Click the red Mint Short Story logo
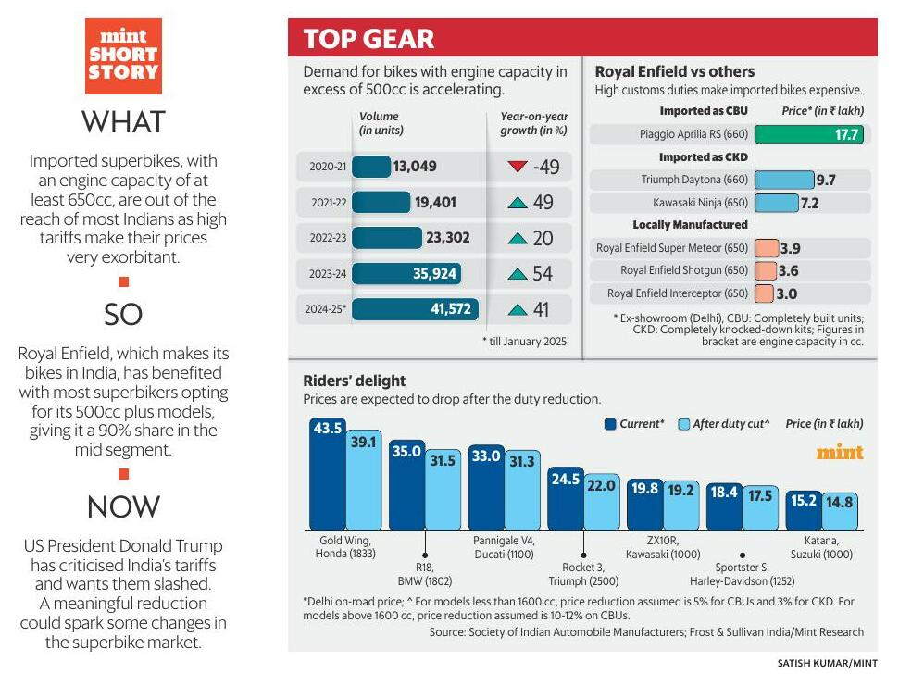click(123, 55)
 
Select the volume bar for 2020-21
click(371, 167)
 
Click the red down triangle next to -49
click(517, 167)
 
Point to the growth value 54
click(543, 273)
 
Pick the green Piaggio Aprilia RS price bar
click(808, 134)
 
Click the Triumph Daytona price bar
click(783, 180)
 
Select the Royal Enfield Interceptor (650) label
click(671, 293)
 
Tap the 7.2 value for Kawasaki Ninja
click(810, 203)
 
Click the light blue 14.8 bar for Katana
click(841, 510)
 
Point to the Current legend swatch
click(610, 424)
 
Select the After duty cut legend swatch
click(683, 424)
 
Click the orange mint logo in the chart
click(839, 453)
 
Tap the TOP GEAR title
click(368, 39)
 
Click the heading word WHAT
click(123, 121)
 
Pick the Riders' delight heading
click(355, 381)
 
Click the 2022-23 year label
click(328, 238)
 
